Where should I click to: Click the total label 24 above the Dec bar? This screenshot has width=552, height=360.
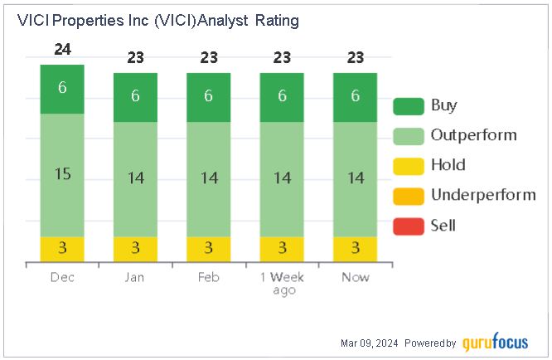tap(62, 50)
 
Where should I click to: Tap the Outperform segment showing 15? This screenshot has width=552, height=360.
tap(62, 175)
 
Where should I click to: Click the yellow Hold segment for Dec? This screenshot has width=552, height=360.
tap(62, 249)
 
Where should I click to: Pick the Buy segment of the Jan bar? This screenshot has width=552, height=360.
tap(135, 97)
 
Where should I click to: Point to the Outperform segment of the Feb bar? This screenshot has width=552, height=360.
tap(208, 179)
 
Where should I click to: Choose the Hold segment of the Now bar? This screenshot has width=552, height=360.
tap(355, 249)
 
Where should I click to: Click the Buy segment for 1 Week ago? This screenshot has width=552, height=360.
tap(282, 97)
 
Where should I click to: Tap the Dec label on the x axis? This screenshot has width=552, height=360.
tap(62, 278)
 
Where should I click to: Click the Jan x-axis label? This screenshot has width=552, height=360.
tap(135, 278)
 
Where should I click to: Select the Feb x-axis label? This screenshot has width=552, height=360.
tap(208, 278)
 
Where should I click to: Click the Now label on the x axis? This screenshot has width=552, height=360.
tap(355, 278)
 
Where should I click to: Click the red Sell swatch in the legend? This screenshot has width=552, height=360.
tap(407, 225)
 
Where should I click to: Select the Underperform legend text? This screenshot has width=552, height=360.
tap(483, 195)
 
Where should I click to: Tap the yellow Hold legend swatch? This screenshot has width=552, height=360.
tap(407, 165)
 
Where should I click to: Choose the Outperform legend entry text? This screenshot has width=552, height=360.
tap(473, 135)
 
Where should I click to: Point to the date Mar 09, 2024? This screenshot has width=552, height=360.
tap(372, 343)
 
